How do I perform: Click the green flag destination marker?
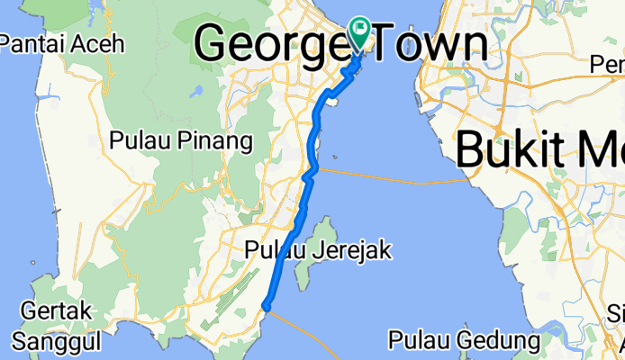point(362,35)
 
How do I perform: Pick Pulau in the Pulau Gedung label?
point(420,340)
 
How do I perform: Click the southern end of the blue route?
point(267,308)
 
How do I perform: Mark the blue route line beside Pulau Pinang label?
point(312,142)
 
